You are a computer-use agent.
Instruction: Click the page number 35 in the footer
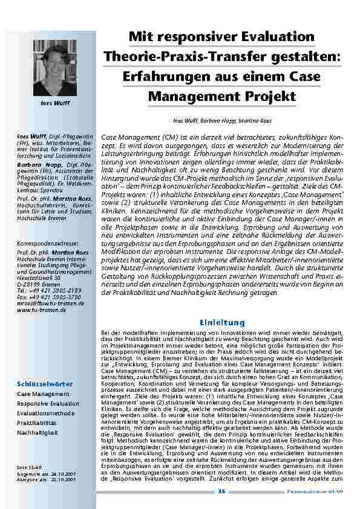pos(221,491)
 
